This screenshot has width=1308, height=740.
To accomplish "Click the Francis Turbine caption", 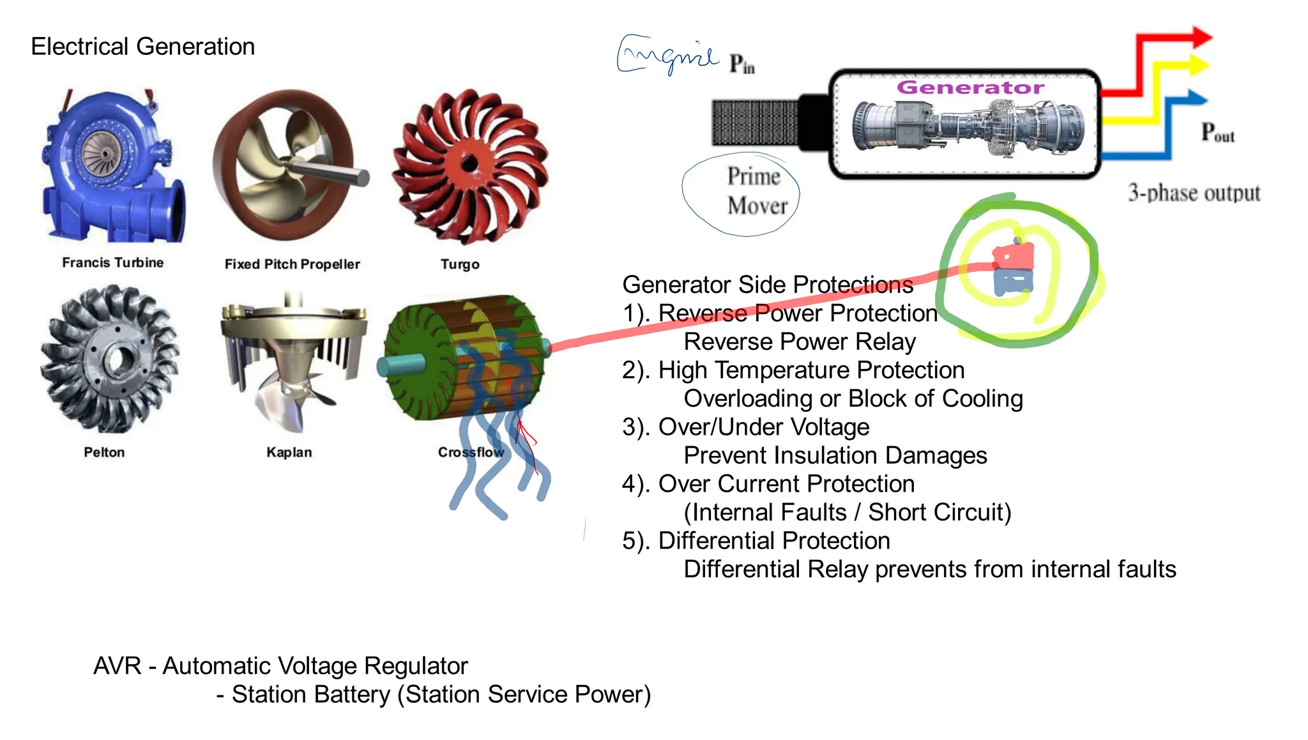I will pos(112,262).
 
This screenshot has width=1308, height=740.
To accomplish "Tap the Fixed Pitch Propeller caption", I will pos(292,264).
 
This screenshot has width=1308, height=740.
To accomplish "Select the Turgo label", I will pos(460,264).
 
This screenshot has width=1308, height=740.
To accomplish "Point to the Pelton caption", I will pos(104,452).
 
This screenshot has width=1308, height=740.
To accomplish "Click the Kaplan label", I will pos(289,452).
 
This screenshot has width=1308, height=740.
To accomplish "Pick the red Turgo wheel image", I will pos(470,166).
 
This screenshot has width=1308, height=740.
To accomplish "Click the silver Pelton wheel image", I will pos(110,359).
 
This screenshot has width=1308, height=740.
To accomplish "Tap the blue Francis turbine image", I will pos(112,166).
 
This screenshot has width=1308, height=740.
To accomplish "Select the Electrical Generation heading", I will pos(142,47).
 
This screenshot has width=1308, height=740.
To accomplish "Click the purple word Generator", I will pos(970,87).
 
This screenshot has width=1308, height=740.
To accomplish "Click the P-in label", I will pos(742,64).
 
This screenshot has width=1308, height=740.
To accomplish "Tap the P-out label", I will pos(1217,132).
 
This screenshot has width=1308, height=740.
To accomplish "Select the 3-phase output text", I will pos(1194,193).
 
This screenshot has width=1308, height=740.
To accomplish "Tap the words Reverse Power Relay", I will pos(800,342).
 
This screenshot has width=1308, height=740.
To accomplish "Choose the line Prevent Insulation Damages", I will pos(835,455).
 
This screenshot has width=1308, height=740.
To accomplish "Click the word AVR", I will pos(117,666).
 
